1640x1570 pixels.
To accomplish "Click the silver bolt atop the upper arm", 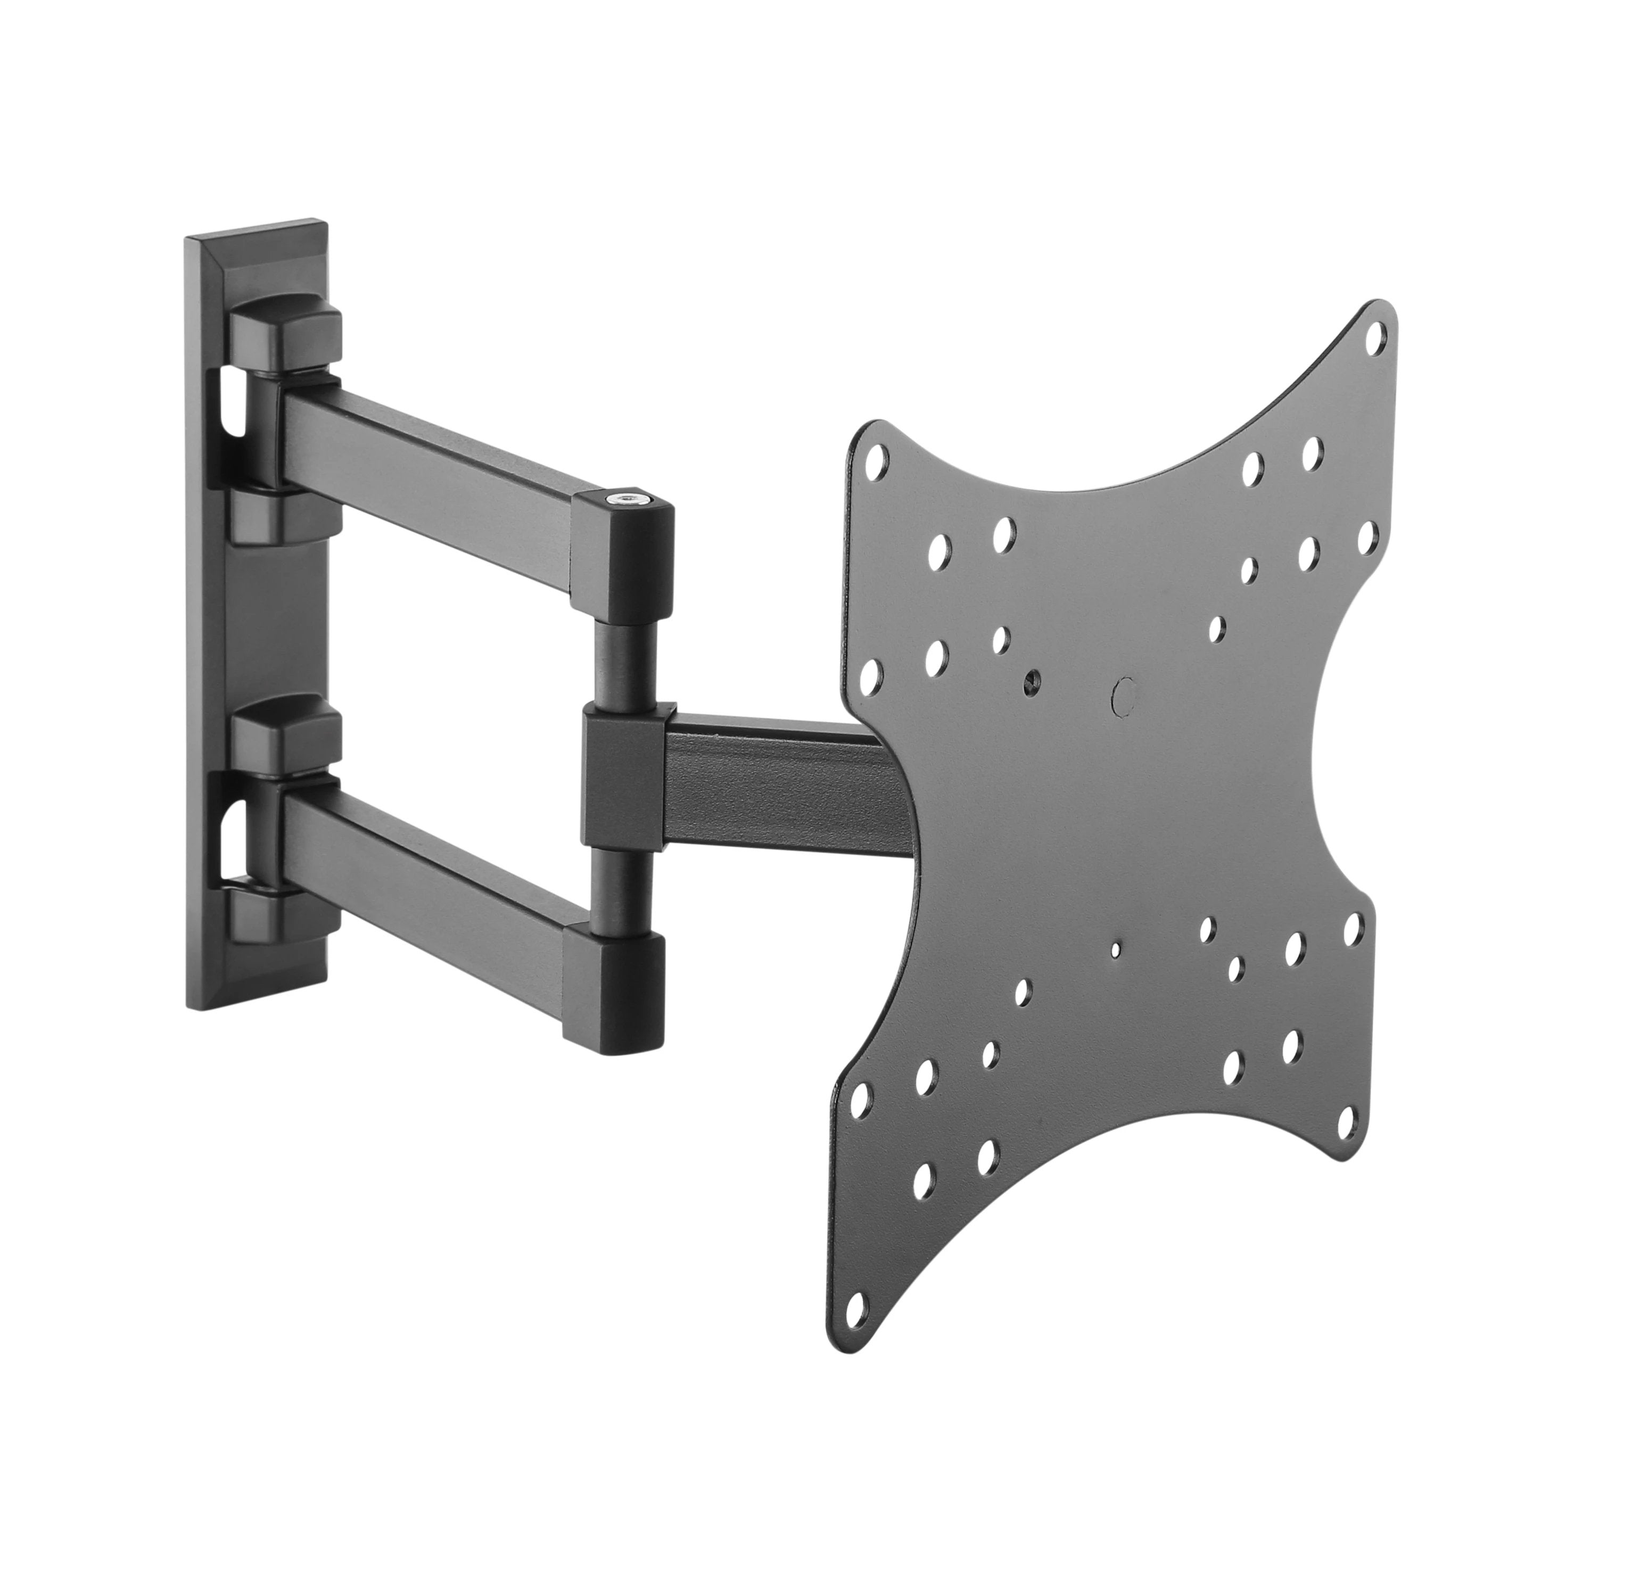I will [x=623, y=499].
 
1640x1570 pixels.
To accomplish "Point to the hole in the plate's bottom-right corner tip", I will [x=1346, y=1122].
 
